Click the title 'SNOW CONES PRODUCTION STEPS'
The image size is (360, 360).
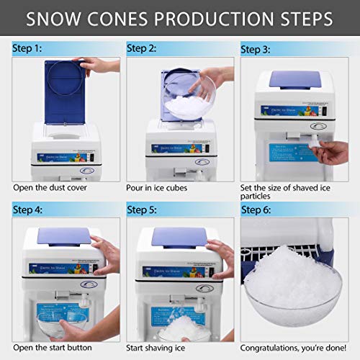point(179,18)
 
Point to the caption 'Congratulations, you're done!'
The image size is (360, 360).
point(296,349)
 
